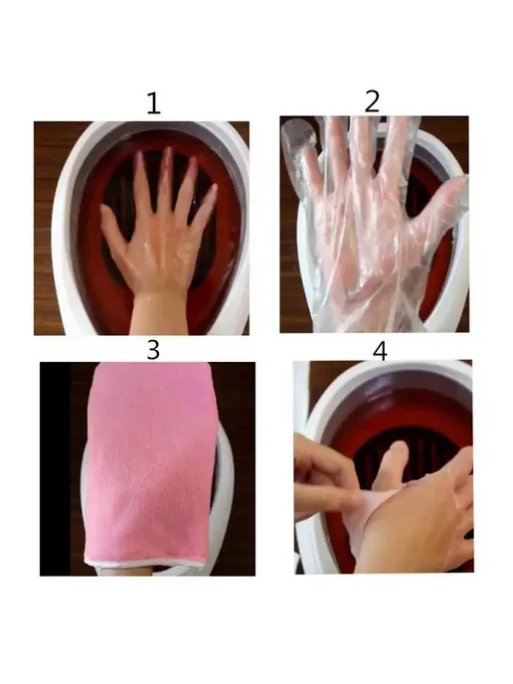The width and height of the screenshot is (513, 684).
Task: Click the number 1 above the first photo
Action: tap(153, 103)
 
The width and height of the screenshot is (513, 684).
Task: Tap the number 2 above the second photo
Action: tap(372, 101)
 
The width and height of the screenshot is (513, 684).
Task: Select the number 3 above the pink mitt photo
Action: tap(153, 349)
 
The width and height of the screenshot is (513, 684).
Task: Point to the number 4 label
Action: tap(380, 351)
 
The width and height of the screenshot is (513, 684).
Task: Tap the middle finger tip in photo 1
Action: tap(167, 151)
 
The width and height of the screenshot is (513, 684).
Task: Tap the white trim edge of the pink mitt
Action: tap(144, 562)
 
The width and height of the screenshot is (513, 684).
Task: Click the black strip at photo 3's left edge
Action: tap(55, 469)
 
